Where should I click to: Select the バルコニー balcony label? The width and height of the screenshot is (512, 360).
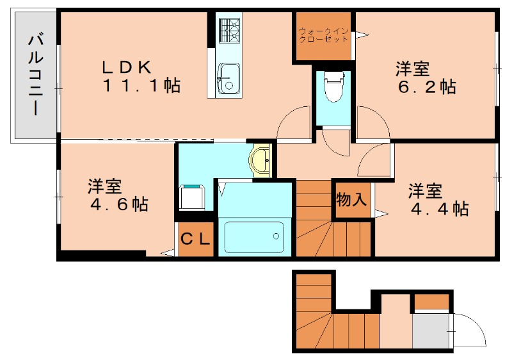click(35, 76)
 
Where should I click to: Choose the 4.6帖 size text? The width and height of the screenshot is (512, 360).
click(118, 205)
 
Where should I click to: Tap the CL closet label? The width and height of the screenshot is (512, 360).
click(195, 240)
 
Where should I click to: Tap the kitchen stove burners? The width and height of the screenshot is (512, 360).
click(228, 29)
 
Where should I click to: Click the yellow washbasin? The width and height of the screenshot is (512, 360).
click(260, 160)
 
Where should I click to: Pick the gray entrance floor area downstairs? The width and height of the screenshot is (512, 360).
click(431, 331)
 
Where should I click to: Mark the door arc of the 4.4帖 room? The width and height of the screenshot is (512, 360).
click(374, 160)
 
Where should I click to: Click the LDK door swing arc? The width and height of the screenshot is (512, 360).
click(294, 122)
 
